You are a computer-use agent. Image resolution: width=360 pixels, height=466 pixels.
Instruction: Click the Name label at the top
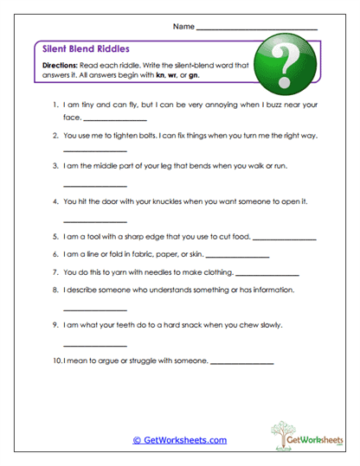pyautogui.click(x=183, y=26)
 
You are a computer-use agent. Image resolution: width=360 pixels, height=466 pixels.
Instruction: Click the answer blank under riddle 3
pyautogui.click(x=95, y=185)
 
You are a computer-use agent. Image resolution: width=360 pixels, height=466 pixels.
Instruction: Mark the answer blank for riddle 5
pyautogui.click(x=286, y=238)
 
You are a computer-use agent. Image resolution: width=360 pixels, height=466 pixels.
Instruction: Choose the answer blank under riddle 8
pyautogui.click(x=95, y=310)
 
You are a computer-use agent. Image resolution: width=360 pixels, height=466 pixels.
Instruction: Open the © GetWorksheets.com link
pyautogui.click(x=179, y=440)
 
